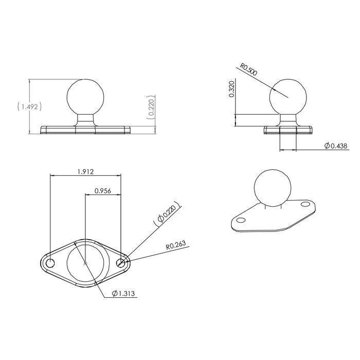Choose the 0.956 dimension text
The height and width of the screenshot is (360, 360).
pyautogui.click(x=103, y=191)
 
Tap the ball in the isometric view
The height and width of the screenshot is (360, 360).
pyautogui.click(x=272, y=188)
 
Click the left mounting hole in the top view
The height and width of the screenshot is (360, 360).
pyautogui.click(x=50, y=263)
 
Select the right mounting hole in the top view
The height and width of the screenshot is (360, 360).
pyautogui.click(x=121, y=263)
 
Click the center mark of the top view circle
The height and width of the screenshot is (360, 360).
pyautogui.click(x=86, y=263)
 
